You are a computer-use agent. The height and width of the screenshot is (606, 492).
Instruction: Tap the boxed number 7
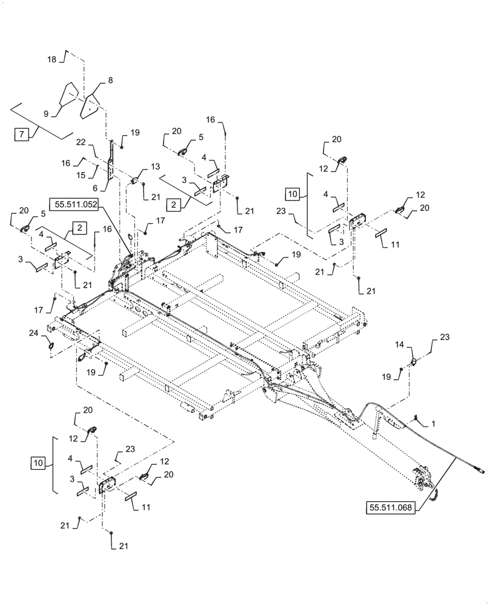click(21, 135)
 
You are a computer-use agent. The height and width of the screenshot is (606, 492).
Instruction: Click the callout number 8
click(110, 80)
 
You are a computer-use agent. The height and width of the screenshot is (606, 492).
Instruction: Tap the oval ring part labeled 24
click(52, 345)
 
